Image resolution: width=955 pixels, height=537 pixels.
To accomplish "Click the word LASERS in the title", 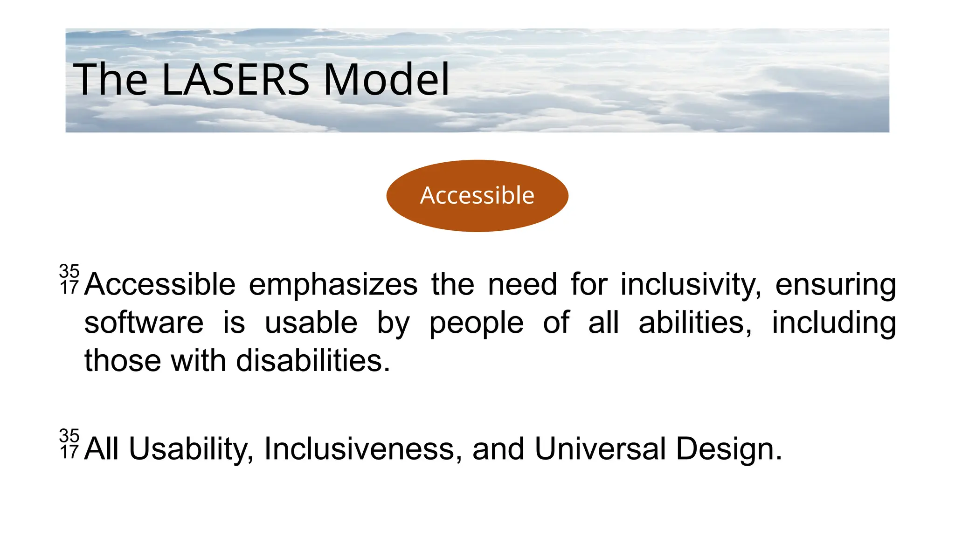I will pos(235,80).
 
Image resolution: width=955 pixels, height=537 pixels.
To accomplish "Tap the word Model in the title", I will pos(386,80).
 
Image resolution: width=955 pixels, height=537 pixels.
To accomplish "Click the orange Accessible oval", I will pos(477,195).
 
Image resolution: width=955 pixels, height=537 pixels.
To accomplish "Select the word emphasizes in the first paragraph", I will pos(333,285).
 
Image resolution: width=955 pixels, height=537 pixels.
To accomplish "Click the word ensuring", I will pos(835,285).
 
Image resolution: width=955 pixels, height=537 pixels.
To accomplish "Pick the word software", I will pos(144,323).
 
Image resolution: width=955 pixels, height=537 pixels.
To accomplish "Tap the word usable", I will pos(311,323).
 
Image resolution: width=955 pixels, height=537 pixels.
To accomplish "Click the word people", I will pos(476,323).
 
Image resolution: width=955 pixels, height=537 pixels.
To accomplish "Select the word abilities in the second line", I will pos(695,323).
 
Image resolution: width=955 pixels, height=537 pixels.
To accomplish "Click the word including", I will pos(834,323).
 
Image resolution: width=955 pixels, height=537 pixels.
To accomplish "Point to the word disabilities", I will pos(313,361).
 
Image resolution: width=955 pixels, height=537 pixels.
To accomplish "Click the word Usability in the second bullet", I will pos(191,449).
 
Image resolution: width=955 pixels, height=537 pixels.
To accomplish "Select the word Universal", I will pos(600,449).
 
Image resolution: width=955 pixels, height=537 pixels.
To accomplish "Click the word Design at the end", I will pos(728,449).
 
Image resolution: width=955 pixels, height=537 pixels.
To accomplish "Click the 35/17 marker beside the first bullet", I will pos(69,279).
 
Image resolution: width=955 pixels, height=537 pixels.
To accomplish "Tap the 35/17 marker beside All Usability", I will pos(69,444).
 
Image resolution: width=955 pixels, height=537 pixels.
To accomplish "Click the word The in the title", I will pos(110,80).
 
